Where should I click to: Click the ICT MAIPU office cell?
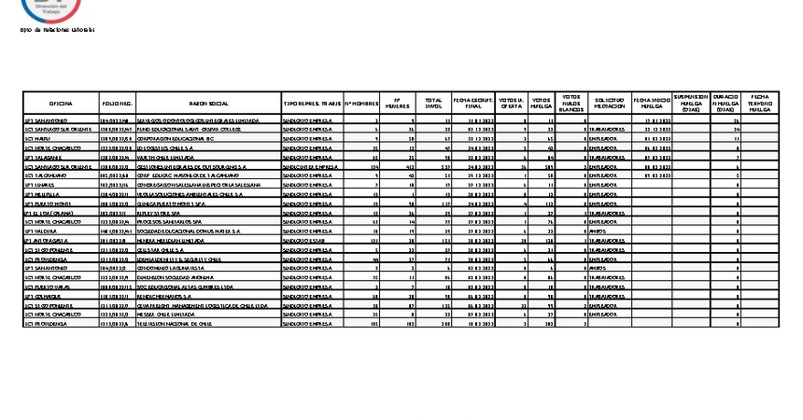[x=36, y=138]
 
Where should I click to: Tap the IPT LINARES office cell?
[x=38, y=185]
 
